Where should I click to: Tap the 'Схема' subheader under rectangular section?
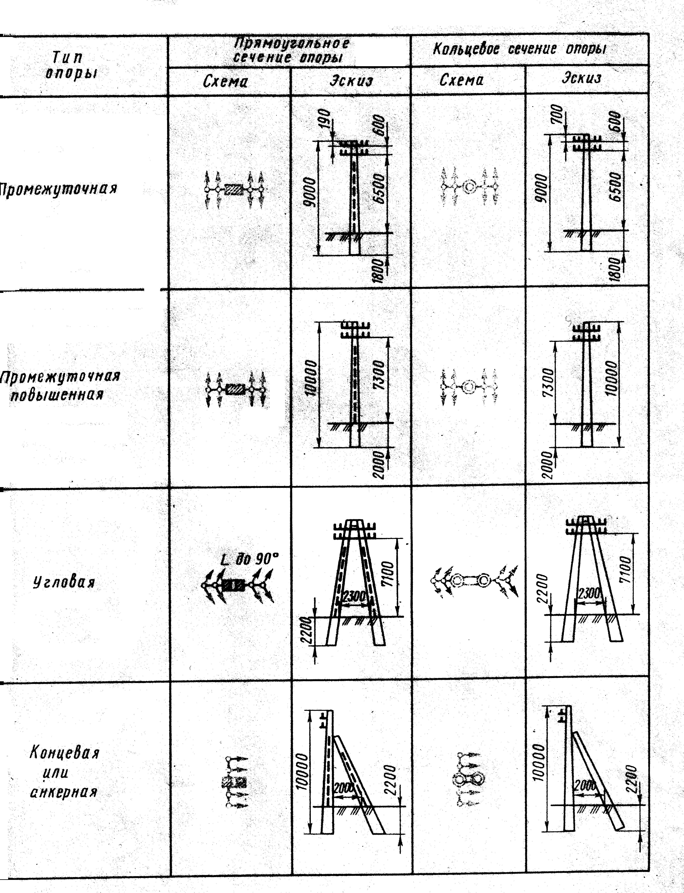(x=225, y=82)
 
